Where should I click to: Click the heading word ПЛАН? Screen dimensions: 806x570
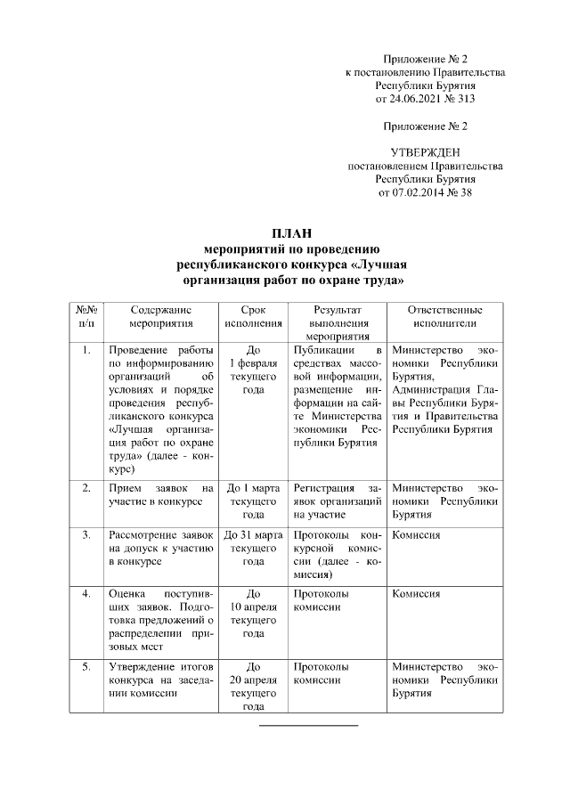(292, 233)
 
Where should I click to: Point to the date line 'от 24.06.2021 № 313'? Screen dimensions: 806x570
(425, 98)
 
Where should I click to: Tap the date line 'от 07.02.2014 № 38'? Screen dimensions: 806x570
(425, 191)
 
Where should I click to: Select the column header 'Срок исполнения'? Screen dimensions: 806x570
(253, 316)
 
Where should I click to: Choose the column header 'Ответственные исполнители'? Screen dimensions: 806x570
(444, 316)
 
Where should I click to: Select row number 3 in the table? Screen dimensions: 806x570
(85, 535)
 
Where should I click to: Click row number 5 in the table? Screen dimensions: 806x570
(85, 666)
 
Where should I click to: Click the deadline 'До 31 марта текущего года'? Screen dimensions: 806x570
(253, 548)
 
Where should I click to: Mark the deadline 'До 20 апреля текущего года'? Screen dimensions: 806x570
(253, 686)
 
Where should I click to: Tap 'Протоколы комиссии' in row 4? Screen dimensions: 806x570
(320, 599)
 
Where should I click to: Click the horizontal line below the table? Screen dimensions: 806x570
(308, 727)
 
